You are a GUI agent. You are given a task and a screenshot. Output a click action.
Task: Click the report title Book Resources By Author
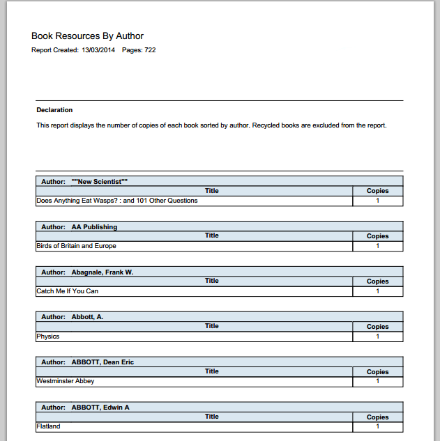tap(87, 36)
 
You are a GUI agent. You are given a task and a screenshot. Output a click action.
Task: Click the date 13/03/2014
tap(98, 50)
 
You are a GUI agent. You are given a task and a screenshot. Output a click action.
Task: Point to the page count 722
tap(150, 50)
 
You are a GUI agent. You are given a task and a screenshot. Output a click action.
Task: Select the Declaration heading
tap(54, 110)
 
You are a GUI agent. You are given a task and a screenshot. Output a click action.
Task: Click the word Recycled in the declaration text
tap(271, 125)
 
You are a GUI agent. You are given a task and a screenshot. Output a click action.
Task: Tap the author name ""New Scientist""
tap(99, 182)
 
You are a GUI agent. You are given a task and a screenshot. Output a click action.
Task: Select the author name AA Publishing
tap(94, 227)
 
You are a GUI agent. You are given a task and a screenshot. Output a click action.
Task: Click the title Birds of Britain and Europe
tap(76, 246)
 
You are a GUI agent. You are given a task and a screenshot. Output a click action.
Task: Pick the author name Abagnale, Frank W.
tap(102, 272)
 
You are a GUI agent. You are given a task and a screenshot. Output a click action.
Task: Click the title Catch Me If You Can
tap(67, 291)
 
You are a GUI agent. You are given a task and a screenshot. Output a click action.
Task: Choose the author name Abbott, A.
tap(87, 317)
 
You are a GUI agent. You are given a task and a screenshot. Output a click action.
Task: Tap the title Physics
tap(48, 336)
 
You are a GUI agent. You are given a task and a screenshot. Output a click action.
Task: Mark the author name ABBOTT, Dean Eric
tap(103, 362)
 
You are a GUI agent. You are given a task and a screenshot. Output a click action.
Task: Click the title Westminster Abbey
tap(65, 381)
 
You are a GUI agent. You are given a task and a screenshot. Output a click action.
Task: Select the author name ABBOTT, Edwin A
tap(100, 408)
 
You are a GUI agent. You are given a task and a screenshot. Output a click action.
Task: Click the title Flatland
tap(48, 426)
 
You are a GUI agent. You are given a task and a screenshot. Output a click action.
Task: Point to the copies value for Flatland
tap(377, 426)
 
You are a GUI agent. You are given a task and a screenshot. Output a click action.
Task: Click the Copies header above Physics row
tap(377, 327)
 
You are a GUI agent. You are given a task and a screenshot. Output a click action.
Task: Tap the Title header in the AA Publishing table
tap(212, 235)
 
